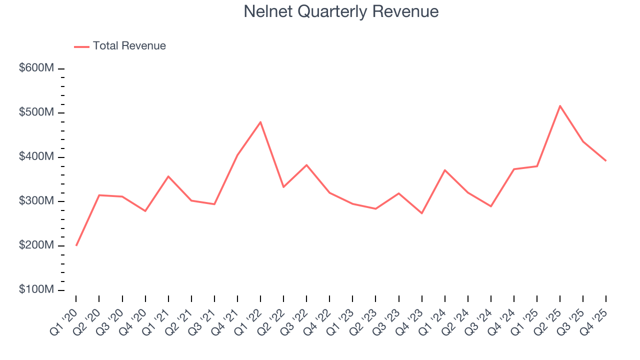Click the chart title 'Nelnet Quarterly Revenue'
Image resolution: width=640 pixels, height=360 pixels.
pyautogui.click(x=341, y=11)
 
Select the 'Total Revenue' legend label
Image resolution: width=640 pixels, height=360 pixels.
pyautogui.click(x=129, y=46)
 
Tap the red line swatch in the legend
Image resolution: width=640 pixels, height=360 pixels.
pyautogui.click(x=81, y=46)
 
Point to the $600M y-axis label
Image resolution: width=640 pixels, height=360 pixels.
pyautogui.click(x=36, y=68)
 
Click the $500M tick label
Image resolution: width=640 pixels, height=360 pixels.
pyautogui.click(x=36, y=112)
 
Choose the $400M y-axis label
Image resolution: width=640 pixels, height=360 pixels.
pyautogui.click(x=36, y=157)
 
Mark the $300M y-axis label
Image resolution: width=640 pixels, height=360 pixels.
pyautogui.click(x=36, y=201)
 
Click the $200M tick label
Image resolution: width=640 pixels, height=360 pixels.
pyautogui.click(x=36, y=245)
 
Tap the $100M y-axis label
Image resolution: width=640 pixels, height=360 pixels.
pyautogui.click(x=36, y=290)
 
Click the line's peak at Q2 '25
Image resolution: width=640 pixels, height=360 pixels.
pyautogui.click(x=560, y=105)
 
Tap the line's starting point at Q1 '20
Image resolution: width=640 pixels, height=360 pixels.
pyautogui.click(x=76, y=245)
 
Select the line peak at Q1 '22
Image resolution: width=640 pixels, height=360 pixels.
pyautogui.click(x=260, y=122)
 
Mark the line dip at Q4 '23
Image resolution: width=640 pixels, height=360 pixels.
pyautogui.click(x=422, y=213)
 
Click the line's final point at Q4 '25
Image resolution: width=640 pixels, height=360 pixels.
pyautogui.click(x=606, y=160)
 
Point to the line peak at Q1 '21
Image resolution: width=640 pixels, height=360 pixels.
pyautogui.click(x=168, y=176)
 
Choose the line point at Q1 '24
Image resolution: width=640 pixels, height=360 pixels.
pyautogui.click(x=445, y=170)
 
